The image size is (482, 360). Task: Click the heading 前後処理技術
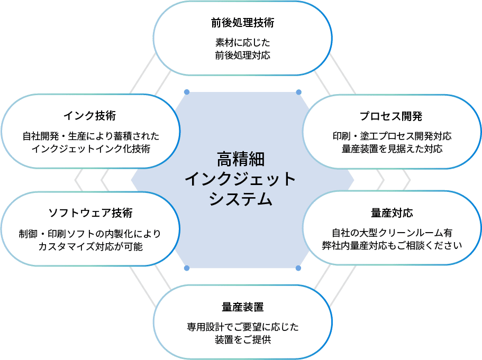coord(243,24)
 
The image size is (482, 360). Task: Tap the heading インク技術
coord(89,116)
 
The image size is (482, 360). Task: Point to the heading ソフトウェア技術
coord(90,213)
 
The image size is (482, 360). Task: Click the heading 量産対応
coord(392,213)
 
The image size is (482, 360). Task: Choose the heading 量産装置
coord(243,307)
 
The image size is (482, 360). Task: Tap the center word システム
coord(241,199)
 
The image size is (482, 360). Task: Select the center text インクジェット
coord(241,179)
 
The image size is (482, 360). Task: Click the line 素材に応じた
coord(243,43)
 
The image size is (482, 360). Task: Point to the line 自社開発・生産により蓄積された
coord(90,136)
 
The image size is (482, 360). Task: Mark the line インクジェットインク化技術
coord(90,149)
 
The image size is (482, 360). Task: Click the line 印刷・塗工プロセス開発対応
coord(392,136)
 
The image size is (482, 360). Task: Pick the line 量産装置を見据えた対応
coord(392,149)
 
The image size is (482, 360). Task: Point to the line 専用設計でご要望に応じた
coord(243,327)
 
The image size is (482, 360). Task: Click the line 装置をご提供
coord(243,340)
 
